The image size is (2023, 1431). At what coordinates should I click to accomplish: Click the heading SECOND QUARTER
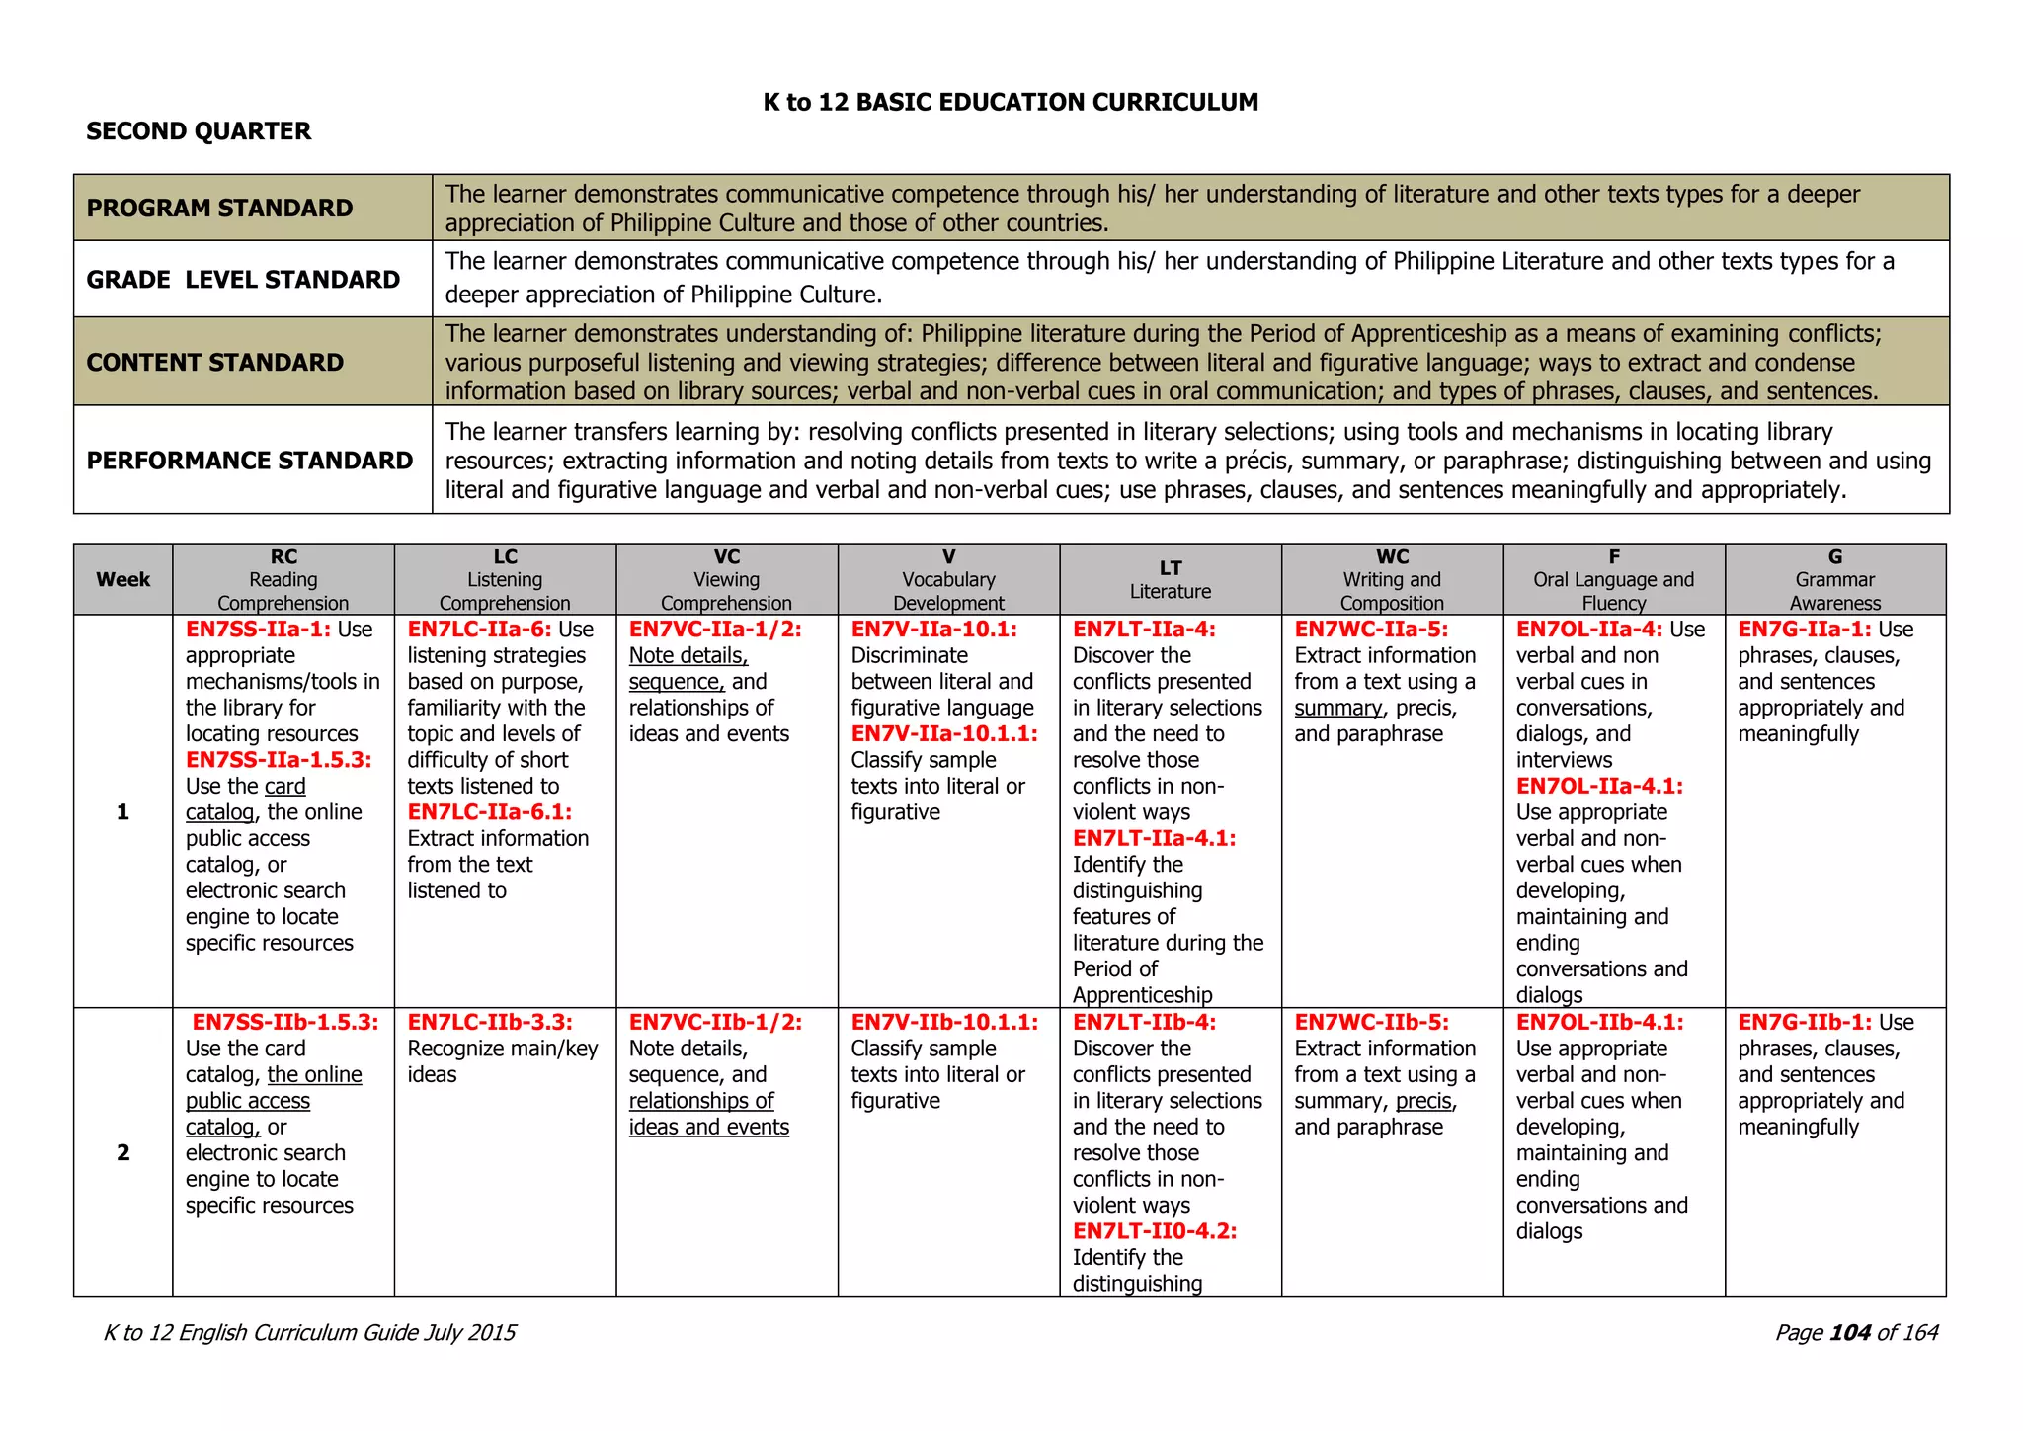tap(199, 131)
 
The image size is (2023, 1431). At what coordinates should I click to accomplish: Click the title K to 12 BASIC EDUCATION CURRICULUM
tap(1011, 102)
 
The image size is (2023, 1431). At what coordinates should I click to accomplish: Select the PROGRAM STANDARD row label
tap(219, 208)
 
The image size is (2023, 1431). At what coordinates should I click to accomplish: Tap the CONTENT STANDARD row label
tap(214, 362)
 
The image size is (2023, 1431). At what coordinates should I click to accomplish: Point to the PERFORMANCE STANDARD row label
tap(249, 461)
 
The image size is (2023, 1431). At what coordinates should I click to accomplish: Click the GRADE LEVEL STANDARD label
tap(243, 280)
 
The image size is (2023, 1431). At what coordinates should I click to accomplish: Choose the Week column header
tap(122, 579)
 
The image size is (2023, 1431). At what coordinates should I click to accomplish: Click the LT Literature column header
tap(1170, 579)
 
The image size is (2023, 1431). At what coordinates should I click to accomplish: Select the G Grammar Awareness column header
tap(1834, 579)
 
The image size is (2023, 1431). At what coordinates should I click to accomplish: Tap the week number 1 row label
tap(122, 812)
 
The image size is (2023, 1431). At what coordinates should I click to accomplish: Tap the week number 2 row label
tap(122, 1152)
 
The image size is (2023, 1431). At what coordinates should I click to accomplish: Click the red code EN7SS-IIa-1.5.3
tap(279, 760)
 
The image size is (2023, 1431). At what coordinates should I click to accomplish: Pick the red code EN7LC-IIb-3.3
tap(489, 1022)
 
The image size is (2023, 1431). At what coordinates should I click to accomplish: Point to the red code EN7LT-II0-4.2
tap(1154, 1231)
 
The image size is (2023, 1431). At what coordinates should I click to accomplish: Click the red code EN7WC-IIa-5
tap(1371, 630)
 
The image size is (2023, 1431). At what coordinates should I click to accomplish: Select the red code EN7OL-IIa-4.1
tap(1599, 787)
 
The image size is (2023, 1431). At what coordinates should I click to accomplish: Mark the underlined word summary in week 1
tap(1338, 709)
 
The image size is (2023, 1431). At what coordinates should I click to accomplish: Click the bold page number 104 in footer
tap(1850, 1333)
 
